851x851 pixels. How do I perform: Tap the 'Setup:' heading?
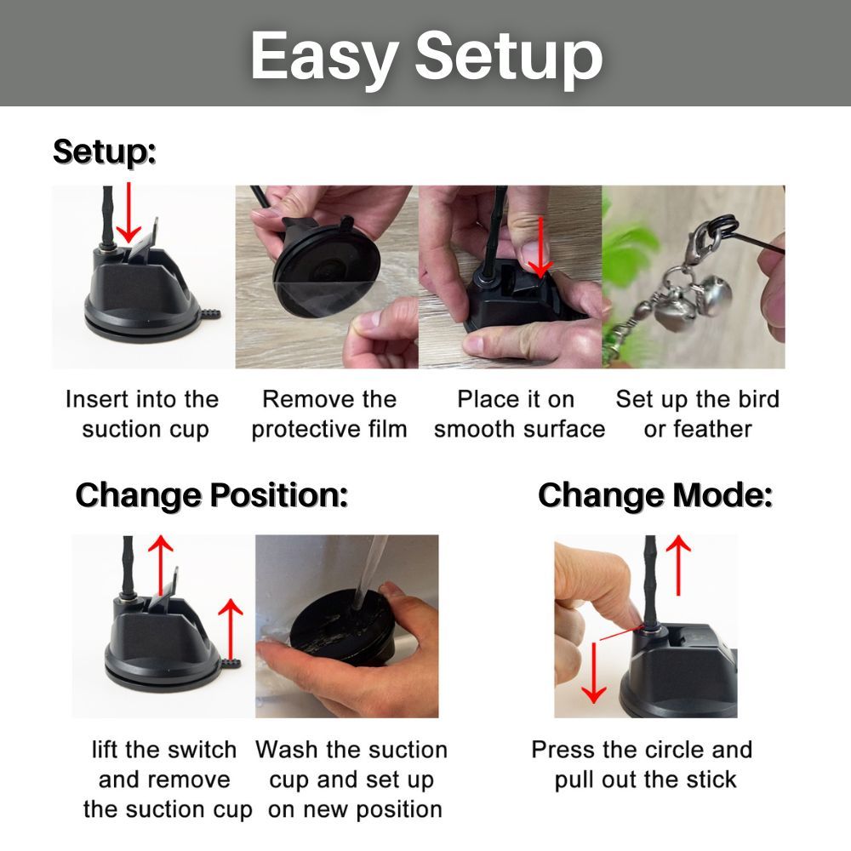click(104, 151)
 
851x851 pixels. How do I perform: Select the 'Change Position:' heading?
click(212, 495)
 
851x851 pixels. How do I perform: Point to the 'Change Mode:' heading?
click(655, 495)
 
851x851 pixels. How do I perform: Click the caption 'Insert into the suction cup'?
click(143, 414)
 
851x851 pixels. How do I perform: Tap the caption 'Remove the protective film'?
click(328, 414)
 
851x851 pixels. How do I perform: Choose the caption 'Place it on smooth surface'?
click(519, 414)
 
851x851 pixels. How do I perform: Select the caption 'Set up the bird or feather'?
click(698, 414)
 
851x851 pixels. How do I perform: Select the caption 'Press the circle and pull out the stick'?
click(642, 765)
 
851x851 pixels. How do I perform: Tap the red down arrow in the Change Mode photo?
click(594, 672)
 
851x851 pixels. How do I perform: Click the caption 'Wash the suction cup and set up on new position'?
click(351, 780)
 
